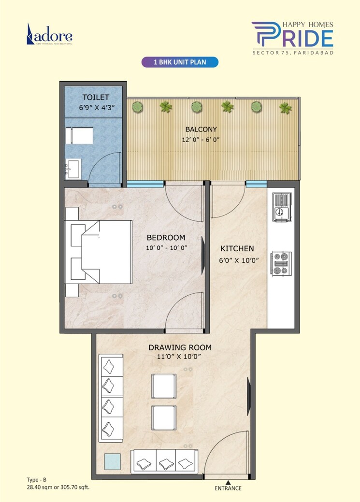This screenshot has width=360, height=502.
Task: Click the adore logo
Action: click(x=50, y=36)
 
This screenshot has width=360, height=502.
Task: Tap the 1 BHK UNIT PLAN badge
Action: click(x=179, y=62)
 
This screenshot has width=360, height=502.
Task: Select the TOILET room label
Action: click(x=96, y=97)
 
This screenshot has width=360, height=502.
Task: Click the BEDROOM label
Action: click(x=166, y=238)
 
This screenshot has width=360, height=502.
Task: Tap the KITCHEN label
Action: click(x=237, y=249)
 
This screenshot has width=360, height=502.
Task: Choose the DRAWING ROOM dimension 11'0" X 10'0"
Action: click(x=180, y=357)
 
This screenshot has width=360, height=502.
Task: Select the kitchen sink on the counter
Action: click(x=281, y=206)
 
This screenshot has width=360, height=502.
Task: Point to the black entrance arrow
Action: click(x=228, y=482)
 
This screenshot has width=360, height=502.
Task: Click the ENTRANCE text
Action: click(x=228, y=488)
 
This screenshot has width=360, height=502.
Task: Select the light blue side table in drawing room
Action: click(x=113, y=461)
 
